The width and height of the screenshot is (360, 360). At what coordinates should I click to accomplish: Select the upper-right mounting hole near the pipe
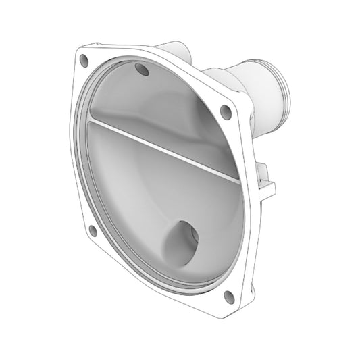coord(226,112)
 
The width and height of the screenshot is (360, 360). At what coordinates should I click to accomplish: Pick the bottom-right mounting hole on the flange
coord(228,295)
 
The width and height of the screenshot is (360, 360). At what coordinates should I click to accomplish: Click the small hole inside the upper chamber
coord(142,69)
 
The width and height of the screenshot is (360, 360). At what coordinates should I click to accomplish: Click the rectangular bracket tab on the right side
coord(267,182)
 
